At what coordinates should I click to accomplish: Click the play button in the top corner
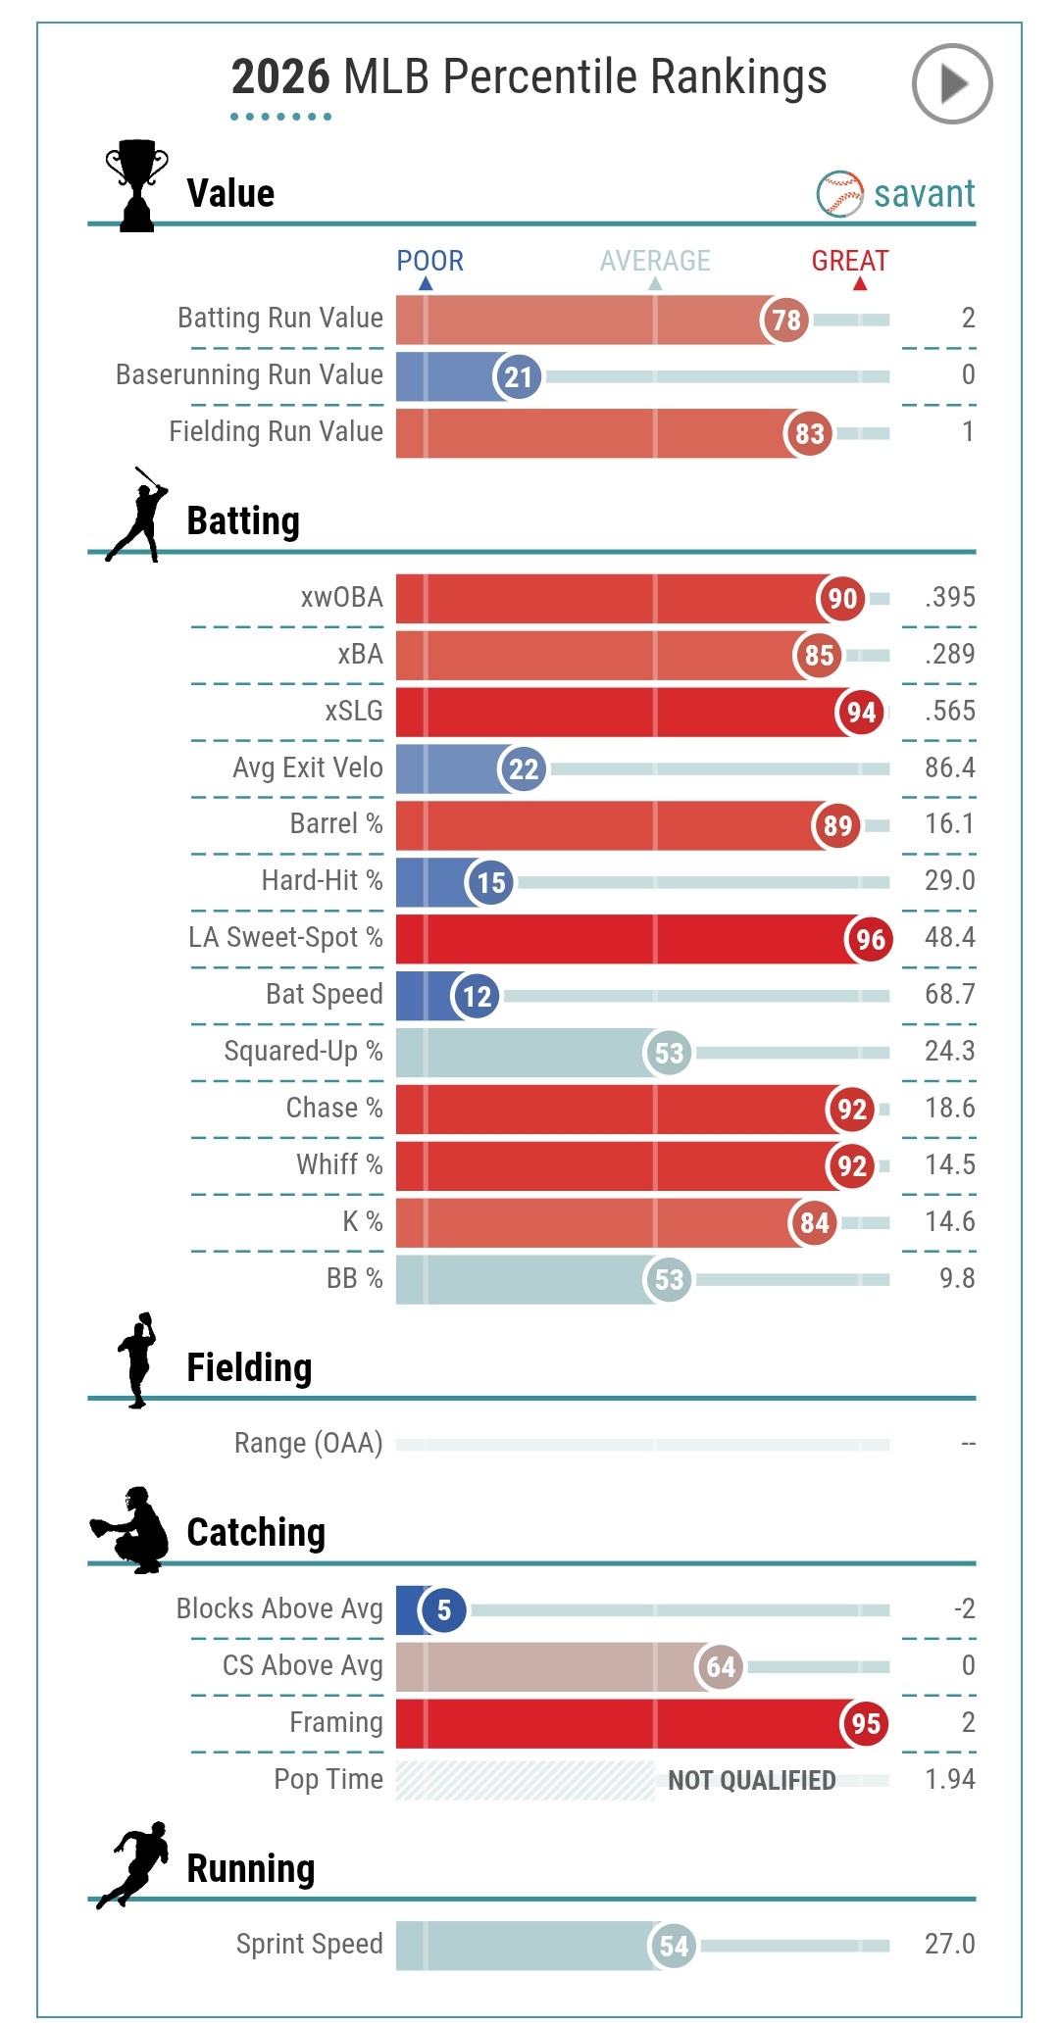click(951, 84)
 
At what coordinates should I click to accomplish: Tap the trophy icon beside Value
click(136, 185)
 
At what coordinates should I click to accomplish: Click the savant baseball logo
click(839, 194)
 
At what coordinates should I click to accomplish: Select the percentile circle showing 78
click(785, 320)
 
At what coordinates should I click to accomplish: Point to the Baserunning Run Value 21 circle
click(518, 376)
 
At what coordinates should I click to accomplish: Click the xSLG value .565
click(949, 711)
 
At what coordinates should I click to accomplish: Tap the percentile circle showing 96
click(870, 939)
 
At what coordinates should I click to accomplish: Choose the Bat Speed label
click(324, 994)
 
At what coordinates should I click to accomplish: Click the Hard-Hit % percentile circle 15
click(490, 882)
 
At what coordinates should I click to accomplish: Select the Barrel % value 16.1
click(949, 823)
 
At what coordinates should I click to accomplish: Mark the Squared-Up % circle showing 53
click(669, 1053)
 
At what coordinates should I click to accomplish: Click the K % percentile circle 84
click(814, 1222)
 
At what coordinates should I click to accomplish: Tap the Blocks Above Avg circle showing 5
click(443, 1609)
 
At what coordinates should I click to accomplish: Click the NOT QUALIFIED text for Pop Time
click(752, 1780)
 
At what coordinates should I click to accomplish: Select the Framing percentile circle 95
click(865, 1723)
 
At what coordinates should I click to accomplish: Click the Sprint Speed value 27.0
click(949, 1944)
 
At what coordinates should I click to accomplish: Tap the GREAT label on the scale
click(849, 261)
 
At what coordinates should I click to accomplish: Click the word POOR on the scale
click(429, 261)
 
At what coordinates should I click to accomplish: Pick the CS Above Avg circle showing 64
click(721, 1666)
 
